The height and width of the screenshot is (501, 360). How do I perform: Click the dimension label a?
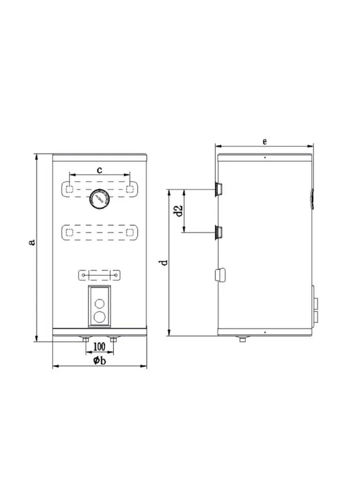tap(33, 242)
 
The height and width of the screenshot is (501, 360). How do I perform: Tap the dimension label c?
tap(99, 170)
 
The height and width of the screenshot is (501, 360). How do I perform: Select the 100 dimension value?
tap(99, 347)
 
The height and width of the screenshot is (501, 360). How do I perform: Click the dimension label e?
tap(265, 142)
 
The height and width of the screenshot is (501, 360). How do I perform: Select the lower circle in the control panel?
tap(99, 317)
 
